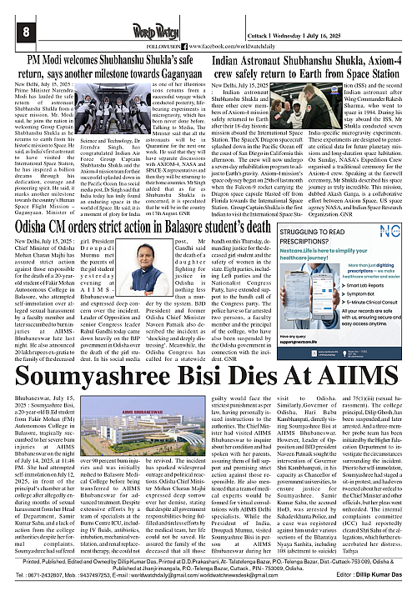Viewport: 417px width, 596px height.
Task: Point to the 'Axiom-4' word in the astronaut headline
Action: pyautogui.click(x=375, y=60)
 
